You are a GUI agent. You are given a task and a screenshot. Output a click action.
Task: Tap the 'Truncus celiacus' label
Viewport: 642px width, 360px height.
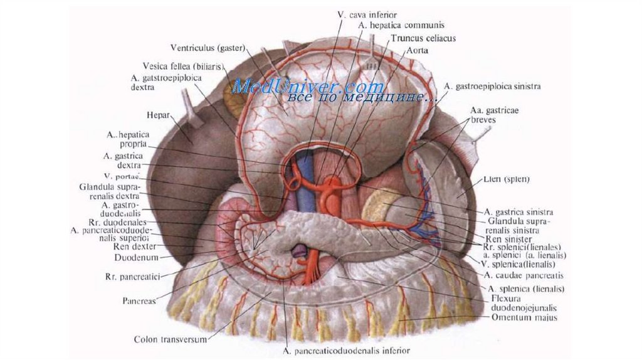coord(423,38)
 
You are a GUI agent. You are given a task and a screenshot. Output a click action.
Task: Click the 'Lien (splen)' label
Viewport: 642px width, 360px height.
coord(507,179)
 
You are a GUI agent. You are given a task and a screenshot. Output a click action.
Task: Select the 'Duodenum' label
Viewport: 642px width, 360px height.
coord(137,257)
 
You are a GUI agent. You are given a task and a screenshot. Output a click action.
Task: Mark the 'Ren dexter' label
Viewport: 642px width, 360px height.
coord(140,246)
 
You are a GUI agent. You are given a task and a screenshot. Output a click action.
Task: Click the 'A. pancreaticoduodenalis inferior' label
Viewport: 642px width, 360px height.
coord(347,350)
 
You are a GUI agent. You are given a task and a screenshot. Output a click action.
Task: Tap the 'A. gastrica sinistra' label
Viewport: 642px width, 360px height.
coord(518,213)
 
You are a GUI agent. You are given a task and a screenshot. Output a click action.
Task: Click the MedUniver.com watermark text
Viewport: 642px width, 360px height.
coord(307,87)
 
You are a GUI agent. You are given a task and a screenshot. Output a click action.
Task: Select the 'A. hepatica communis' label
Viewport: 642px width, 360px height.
coord(401,26)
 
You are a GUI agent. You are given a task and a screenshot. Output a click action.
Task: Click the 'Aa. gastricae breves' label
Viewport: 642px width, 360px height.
coord(492,114)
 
